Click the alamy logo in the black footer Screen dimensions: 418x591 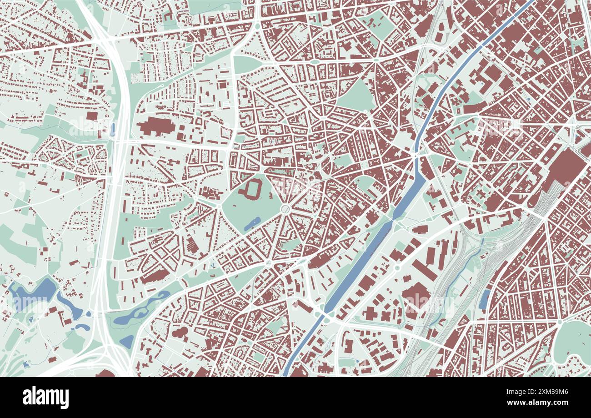[x=46, y=398]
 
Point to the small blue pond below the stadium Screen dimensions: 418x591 [x=252, y=223]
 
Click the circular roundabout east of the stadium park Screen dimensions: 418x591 [x=285, y=209]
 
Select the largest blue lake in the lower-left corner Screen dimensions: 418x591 [x=34, y=293]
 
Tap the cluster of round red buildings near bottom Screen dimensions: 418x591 [x=180, y=332]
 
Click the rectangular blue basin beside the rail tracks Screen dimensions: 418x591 [x=485, y=299]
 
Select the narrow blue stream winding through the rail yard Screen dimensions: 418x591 [x=455, y=282]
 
